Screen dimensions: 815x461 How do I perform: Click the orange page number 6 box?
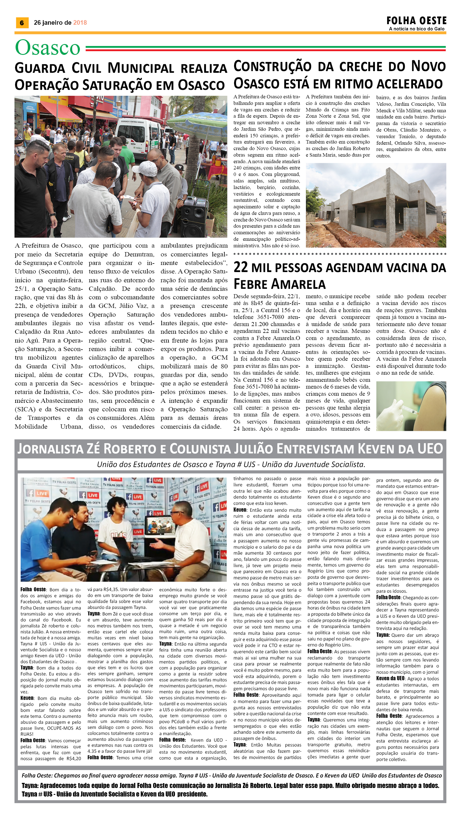click(x=22, y=23)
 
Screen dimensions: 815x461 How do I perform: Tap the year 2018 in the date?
click(x=80, y=23)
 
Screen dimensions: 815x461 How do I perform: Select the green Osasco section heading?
click(x=47, y=48)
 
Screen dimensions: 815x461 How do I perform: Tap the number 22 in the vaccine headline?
click(x=241, y=267)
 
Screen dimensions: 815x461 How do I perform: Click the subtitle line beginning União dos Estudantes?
click(x=231, y=464)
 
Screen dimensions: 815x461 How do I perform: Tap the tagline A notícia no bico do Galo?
click(x=416, y=29)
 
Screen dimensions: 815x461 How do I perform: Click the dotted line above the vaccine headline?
click(x=339, y=254)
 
